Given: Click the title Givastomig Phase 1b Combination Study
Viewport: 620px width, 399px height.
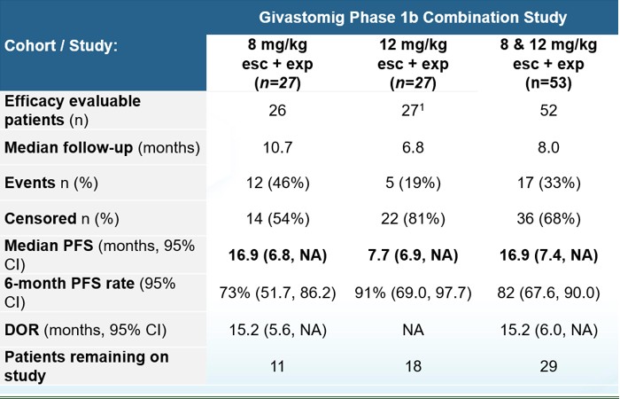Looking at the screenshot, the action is pyautogui.click(x=413, y=18).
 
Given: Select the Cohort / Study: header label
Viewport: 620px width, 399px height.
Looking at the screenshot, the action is pyautogui.click(x=61, y=46).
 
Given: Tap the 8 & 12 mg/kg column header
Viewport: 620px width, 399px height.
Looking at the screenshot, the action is pyautogui.click(x=548, y=64).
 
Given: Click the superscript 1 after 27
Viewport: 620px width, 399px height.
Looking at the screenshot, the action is pyautogui.click(x=422, y=107).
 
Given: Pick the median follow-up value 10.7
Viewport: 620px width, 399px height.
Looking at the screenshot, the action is pyautogui.click(x=277, y=148).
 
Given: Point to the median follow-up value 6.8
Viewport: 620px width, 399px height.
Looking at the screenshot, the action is pyautogui.click(x=413, y=148).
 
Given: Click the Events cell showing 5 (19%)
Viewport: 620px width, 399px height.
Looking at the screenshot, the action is pyautogui.click(x=413, y=183).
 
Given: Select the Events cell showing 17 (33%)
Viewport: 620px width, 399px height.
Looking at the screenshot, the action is pyautogui.click(x=548, y=183).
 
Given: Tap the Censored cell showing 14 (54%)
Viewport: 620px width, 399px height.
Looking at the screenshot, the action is pyautogui.click(x=277, y=219).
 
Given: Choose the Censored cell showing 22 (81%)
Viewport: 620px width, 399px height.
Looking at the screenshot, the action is pyautogui.click(x=413, y=219).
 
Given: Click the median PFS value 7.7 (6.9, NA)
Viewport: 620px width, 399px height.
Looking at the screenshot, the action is pyautogui.click(x=413, y=255).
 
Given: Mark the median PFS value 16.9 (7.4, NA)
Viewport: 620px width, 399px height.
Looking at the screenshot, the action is pyautogui.click(x=548, y=255).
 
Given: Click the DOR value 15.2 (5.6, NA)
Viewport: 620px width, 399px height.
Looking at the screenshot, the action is pyautogui.click(x=277, y=330).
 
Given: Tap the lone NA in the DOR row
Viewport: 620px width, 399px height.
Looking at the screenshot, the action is pyautogui.click(x=413, y=330).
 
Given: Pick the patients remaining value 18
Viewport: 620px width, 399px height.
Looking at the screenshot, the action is pyautogui.click(x=413, y=366).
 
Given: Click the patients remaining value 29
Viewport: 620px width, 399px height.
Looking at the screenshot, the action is pyautogui.click(x=548, y=366).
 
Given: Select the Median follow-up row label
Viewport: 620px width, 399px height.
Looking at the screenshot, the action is pyautogui.click(x=102, y=148).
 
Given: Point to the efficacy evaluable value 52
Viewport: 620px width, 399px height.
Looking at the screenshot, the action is pyautogui.click(x=548, y=111).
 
